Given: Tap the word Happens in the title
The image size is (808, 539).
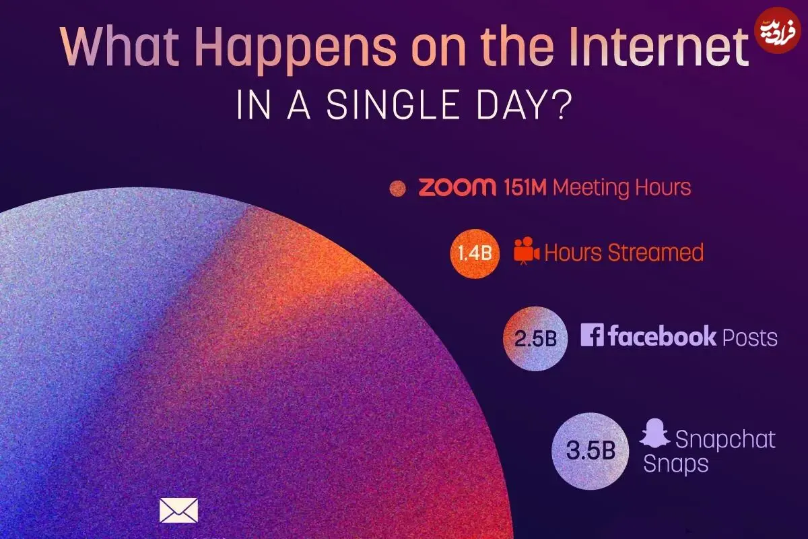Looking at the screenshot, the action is tap(296, 50).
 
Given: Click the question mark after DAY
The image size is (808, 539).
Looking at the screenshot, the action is tap(562, 105).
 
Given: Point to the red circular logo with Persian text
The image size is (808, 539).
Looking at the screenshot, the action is tap(778, 30).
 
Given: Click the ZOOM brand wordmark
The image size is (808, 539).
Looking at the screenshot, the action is tap(457, 187).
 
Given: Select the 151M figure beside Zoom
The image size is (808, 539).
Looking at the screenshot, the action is tap(526, 188).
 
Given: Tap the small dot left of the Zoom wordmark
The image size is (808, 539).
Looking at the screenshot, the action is tap(397, 188).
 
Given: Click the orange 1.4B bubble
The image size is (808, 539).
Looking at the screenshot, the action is tap(475, 253).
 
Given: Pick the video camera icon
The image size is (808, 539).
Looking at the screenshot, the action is tap(527, 251).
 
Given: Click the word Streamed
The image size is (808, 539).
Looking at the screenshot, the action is tap(656, 253).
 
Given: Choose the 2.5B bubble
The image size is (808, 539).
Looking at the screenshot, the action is tap(535, 339).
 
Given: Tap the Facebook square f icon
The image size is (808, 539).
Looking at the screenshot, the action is tap(592, 335).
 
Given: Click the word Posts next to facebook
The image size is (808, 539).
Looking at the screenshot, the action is tap(749, 338).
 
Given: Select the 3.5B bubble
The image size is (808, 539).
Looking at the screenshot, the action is tap(590, 451).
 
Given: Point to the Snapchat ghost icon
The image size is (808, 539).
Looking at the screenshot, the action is tap(654, 433).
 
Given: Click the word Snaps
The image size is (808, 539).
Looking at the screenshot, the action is tap(676, 464).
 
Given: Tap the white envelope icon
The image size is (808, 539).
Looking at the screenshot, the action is tap(178, 510).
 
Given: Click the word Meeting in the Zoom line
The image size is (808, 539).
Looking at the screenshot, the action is tap(591, 188).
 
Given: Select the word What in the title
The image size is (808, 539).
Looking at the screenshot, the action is tap(119, 47).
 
